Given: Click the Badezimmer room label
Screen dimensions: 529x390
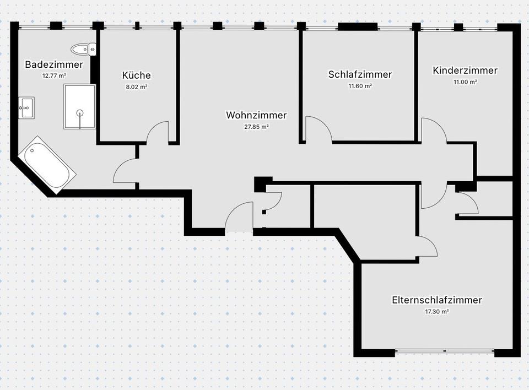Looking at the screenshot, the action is pyautogui.click(x=54, y=64).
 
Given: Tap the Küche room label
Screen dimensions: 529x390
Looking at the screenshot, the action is pyautogui.click(x=136, y=75).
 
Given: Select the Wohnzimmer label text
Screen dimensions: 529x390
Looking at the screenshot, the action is pyautogui.click(x=256, y=115).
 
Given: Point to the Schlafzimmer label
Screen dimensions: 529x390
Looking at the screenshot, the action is pyautogui.click(x=360, y=74).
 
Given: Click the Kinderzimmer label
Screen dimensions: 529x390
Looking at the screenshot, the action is pyautogui.click(x=465, y=71).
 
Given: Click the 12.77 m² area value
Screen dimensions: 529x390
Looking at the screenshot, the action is pyautogui.click(x=54, y=76).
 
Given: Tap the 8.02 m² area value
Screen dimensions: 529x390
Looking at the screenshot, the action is pyautogui.click(x=136, y=87).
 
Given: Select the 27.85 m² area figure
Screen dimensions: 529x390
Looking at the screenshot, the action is pyautogui.click(x=256, y=127).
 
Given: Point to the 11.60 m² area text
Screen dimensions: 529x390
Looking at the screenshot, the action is pyautogui.click(x=360, y=86).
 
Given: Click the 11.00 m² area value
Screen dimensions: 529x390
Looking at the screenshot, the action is pyautogui.click(x=465, y=82).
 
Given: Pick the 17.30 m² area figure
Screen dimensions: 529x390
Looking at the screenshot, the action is pyautogui.click(x=437, y=312).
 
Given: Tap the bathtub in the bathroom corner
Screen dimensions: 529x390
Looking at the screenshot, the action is pyautogui.click(x=47, y=165).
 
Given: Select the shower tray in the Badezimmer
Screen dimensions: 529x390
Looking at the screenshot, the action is pyautogui.click(x=79, y=106).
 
